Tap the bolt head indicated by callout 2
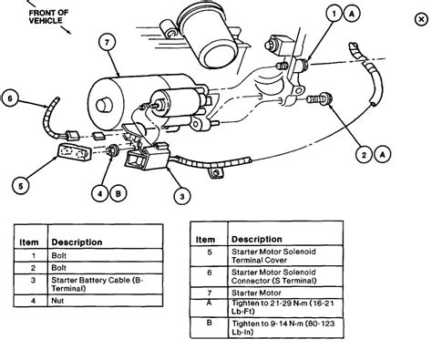tap(325, 94)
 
